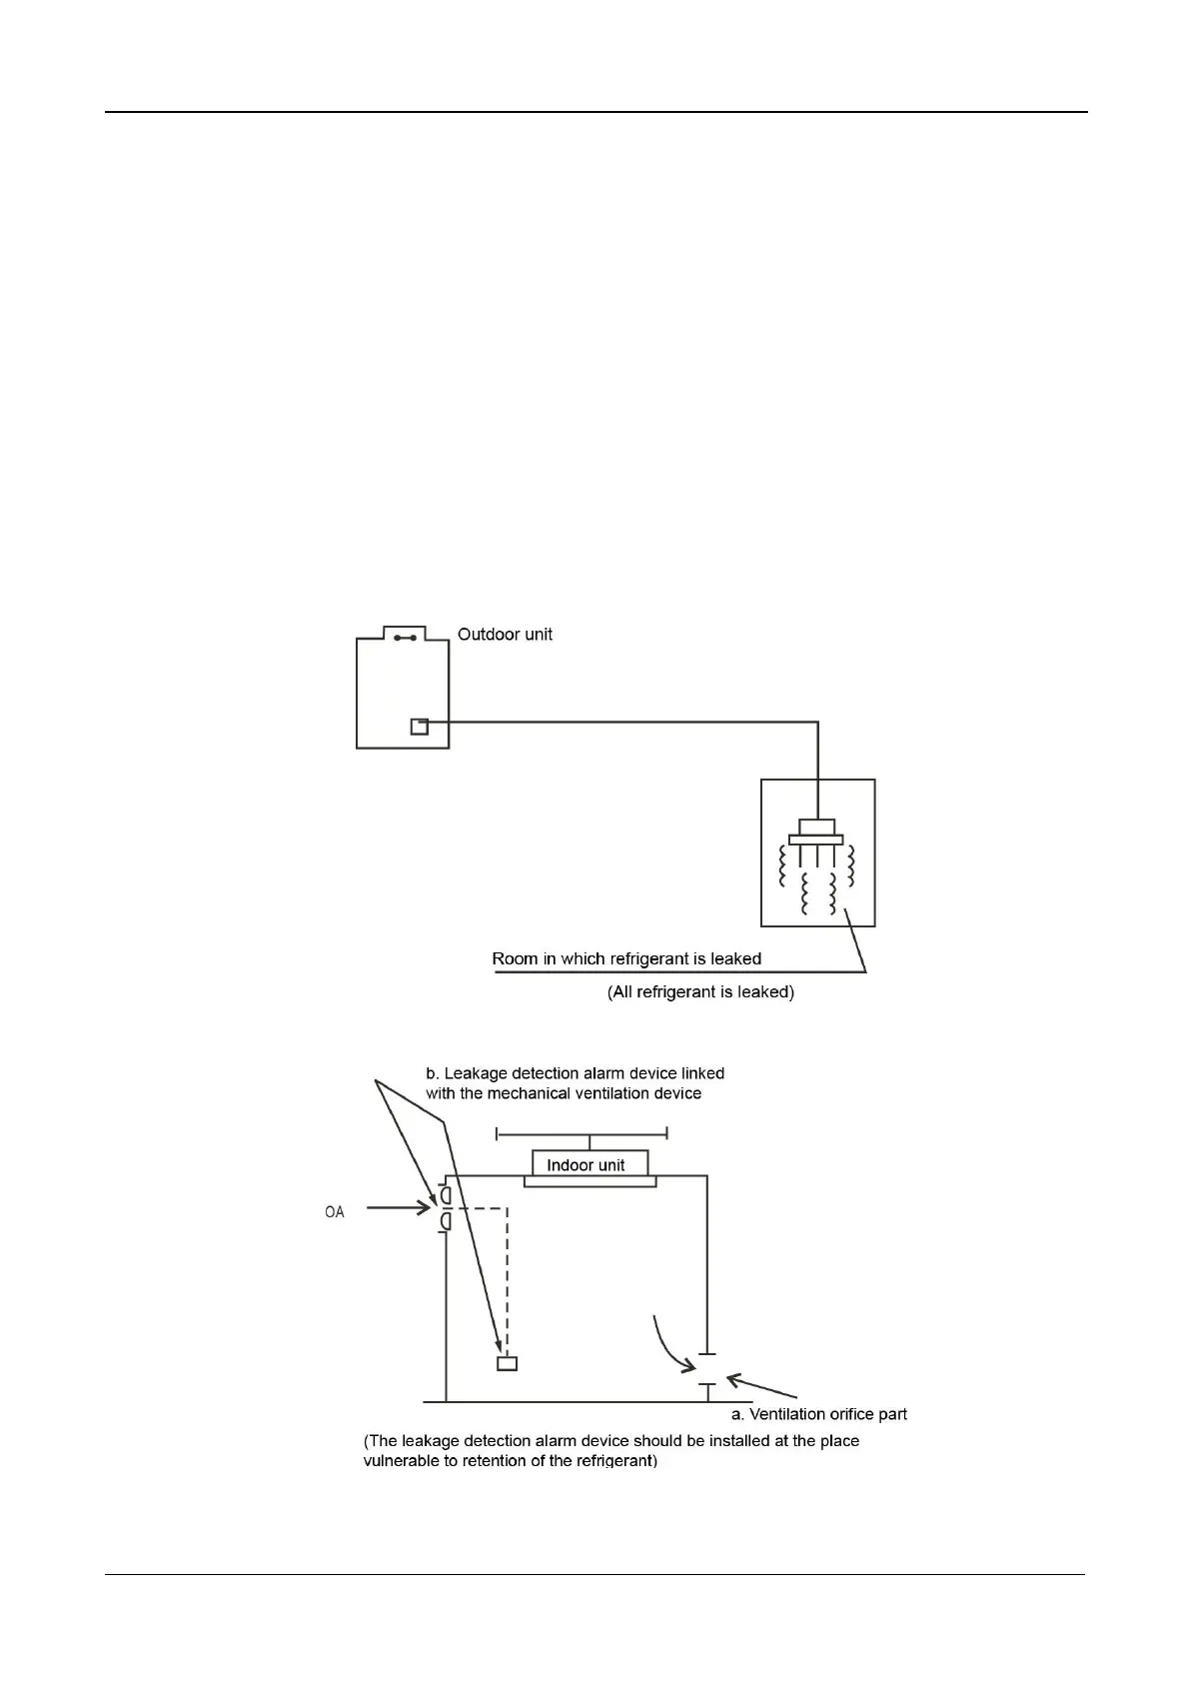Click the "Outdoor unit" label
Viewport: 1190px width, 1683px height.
[505, 635]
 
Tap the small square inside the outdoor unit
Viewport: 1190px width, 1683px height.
[420, 727]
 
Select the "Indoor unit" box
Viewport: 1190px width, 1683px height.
[590, 1164]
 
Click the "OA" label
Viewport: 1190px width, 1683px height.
[335, 1212]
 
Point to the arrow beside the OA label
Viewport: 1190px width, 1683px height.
[398, 1208]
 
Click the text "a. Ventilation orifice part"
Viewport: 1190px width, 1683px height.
[819, 1414]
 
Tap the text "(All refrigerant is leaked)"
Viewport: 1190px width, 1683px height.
[700, 992]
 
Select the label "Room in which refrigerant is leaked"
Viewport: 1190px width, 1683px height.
[626, 959]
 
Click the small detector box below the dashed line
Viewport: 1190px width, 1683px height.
[508, 1364]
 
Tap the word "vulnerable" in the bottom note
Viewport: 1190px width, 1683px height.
[400, 1461]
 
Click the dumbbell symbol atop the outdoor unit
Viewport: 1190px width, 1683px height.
[405, 637]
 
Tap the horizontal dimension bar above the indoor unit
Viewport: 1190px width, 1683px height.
[583, 1134]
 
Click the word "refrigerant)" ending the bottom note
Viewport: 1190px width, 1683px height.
[617, 1461]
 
